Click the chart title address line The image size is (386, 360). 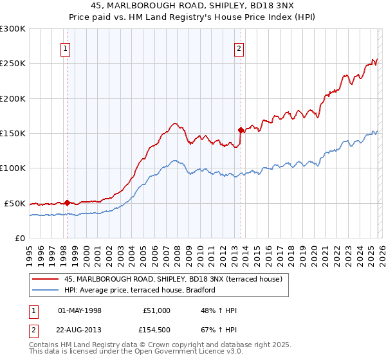point(192,6)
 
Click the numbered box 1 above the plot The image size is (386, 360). point(66,48)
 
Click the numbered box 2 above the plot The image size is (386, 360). point(239,48)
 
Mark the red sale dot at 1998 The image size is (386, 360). point(67,202)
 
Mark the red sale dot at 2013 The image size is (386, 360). point(240,130)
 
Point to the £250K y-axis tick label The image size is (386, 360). point(13,64)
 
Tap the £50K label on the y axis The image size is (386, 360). point(15,203)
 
